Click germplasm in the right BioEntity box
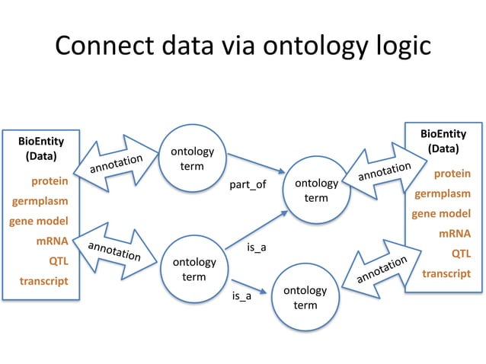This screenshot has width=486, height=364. click(442, 194)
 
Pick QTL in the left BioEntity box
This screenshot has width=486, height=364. click(58, 261)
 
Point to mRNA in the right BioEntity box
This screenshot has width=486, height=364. click(454, 234)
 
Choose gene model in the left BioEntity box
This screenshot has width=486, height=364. click(39, 222)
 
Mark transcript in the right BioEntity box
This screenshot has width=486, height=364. click(446, 273)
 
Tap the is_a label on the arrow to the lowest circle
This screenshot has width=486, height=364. click(241, 295)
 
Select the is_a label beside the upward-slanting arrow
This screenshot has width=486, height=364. click(257, 248)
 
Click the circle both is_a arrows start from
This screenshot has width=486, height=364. click(193, 269)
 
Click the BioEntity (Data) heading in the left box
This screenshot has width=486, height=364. click(41, 148)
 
